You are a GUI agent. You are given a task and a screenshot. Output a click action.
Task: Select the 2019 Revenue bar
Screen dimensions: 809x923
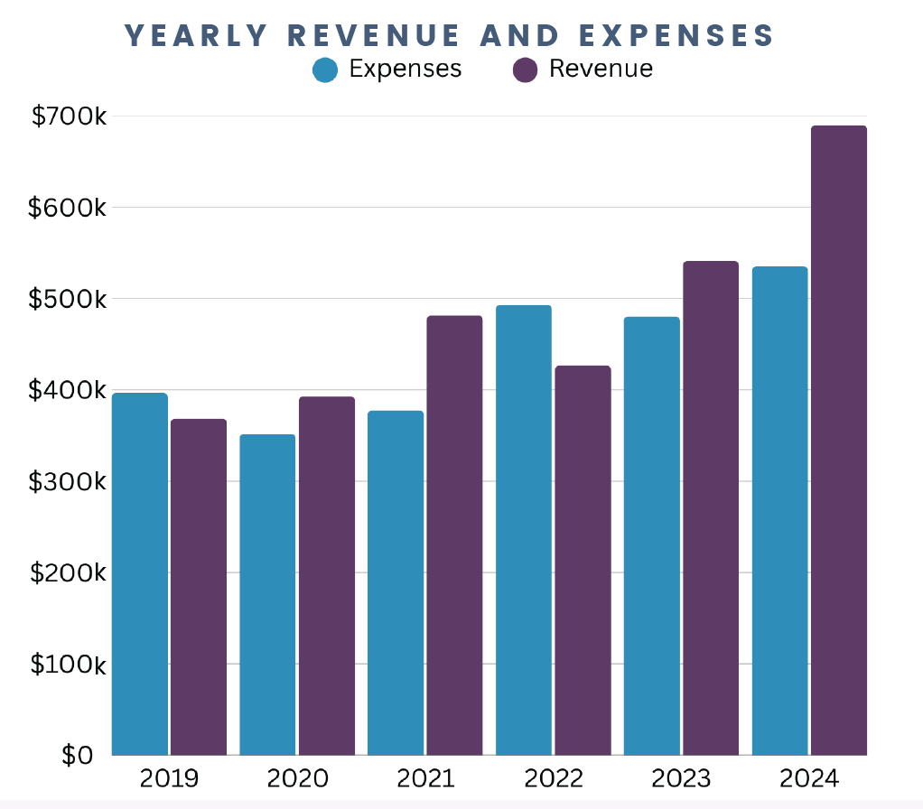[x=199, y=587]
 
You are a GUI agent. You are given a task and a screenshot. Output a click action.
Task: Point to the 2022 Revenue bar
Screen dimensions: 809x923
[x=583, y=560]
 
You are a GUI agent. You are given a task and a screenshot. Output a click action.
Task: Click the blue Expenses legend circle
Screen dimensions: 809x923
[x=325, y=70]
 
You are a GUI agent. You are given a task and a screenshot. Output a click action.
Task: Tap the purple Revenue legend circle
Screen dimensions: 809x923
[x=525, y=70]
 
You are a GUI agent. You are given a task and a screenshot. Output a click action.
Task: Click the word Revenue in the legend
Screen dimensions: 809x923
[x=601, y=69]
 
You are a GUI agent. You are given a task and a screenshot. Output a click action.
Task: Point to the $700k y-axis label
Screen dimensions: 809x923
[x=69, y=116]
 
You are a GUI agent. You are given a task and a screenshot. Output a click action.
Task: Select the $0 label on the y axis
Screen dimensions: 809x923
[x=78, y=755]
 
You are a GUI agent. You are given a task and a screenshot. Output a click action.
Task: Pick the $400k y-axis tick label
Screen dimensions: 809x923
[x=69, y=391]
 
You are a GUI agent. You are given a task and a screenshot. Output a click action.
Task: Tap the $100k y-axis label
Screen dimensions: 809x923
[x=69, y=665]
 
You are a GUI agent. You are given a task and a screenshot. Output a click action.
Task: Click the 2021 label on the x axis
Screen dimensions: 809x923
[x=424, y=778]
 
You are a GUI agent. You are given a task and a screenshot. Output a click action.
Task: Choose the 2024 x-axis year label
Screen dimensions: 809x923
[x=809, y=778]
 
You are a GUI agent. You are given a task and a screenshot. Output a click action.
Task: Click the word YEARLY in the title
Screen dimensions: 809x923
[x=196, y=35]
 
